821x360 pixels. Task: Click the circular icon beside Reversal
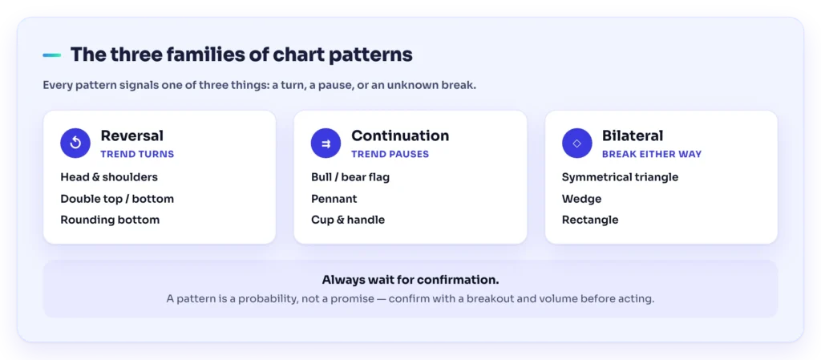[75, 143]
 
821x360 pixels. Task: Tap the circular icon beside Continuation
[326, 143]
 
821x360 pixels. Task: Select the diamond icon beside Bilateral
[577, 143]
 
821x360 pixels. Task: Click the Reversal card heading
[132, 136]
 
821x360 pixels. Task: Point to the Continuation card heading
[400, 136]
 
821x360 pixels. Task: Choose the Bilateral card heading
[633, 136]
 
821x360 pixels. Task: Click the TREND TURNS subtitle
[137, 155]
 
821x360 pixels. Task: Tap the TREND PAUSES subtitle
[390, 155]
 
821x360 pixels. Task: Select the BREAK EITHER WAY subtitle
[652, 155]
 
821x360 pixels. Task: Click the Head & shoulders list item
[109, 177]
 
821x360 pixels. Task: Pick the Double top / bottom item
[117, 199]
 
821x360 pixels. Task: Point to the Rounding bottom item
[110, 220]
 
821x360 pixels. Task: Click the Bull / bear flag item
[350, 177]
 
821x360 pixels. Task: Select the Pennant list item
[334, 199]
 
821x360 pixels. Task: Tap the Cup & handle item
[348, 220]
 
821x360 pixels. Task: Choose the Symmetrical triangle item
[620, 177]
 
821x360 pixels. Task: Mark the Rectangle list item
[590, 220]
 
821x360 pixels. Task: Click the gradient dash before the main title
[52, 55]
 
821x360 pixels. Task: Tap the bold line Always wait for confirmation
[410, 280]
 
